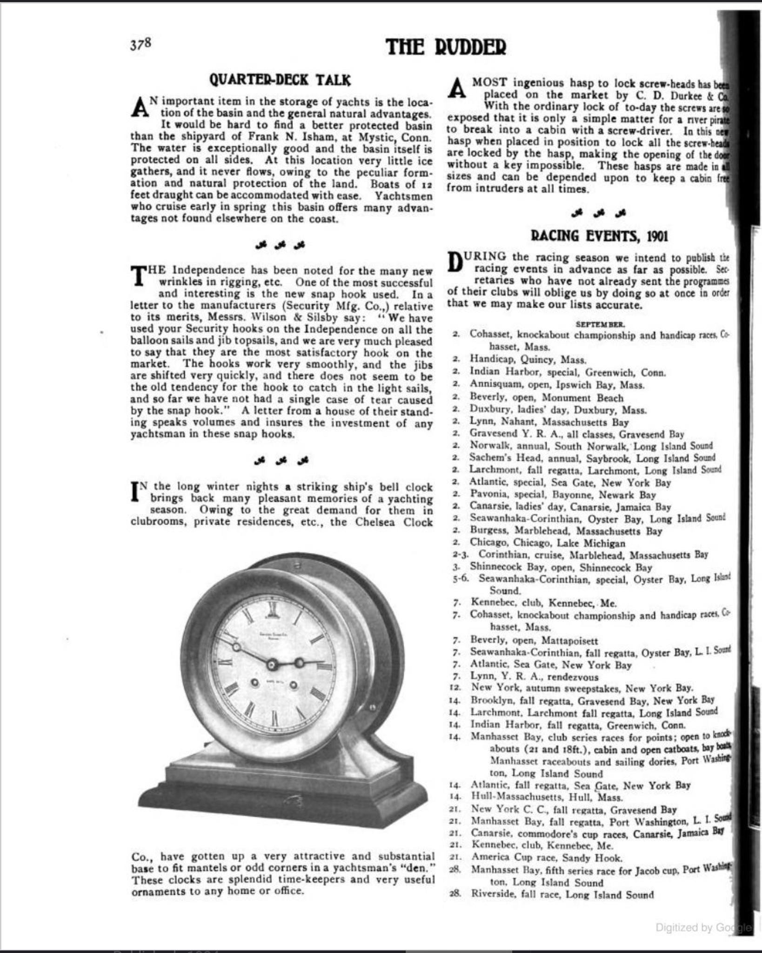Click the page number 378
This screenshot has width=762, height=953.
140,44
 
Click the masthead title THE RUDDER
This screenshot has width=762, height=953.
445,47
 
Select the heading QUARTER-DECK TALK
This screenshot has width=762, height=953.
280,80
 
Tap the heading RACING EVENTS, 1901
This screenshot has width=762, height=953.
599,236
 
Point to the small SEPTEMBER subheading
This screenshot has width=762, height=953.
600,324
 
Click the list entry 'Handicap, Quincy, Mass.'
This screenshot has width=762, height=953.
528,360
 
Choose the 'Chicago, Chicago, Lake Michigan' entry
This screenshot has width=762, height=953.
548,543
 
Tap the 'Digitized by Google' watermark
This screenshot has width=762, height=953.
702,928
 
